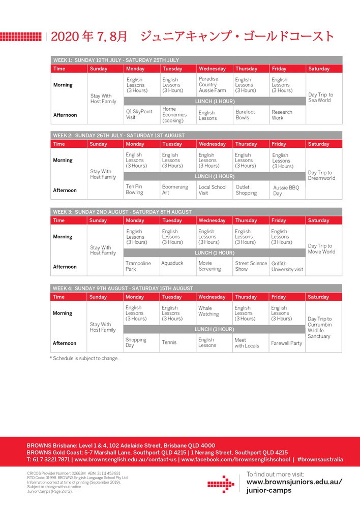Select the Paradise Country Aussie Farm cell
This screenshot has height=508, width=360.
[212, 85]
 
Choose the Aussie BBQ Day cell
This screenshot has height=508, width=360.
[286, 190]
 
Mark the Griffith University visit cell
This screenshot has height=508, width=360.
[287, 267]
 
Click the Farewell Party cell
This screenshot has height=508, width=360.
[286, 343]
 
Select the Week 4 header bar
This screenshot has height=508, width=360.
[196, 288]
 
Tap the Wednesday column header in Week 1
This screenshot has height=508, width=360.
[212, 69]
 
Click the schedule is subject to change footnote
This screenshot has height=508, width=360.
[84, 358]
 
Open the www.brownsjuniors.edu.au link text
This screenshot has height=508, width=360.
[294, 482]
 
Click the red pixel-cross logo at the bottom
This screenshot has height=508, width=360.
[221, 484]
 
